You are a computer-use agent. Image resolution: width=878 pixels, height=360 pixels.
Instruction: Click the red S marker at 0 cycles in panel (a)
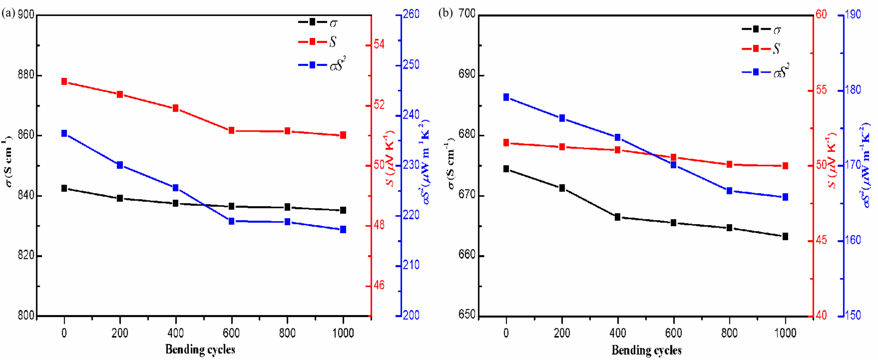point(64,81)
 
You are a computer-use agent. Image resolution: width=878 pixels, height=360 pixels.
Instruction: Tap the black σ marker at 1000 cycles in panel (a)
point(343,210)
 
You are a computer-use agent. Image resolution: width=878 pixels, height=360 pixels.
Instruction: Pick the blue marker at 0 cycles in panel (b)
point(506,97)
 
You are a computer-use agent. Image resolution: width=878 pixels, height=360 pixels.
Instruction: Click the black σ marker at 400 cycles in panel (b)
point(618,217)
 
